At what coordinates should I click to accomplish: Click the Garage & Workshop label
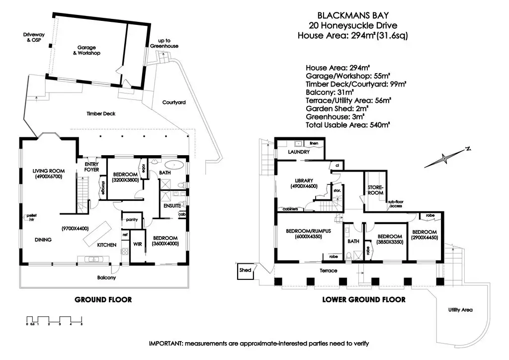click(x=86, y=51)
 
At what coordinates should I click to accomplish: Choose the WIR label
click(x=138, y=244)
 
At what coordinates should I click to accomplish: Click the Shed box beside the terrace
click(x=245, y=270)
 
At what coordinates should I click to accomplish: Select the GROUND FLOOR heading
click(x=103, y=300)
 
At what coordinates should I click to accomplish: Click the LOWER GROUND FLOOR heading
click(x=363, y=300)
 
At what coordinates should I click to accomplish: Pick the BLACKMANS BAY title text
click(x=352, y=15)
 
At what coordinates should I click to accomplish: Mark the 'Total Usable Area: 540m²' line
click(x=347, y=125)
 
